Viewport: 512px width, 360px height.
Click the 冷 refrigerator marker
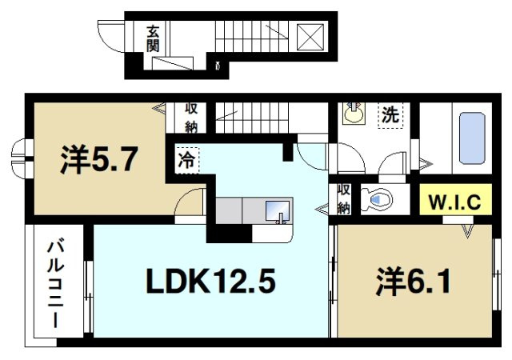tap(185, 159)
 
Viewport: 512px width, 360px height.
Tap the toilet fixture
tap(376, 196)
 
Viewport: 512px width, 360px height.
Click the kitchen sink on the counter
tap(277, 211)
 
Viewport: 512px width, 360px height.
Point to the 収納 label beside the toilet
tap(343, 199)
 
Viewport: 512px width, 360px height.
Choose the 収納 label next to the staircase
tap(193, 117)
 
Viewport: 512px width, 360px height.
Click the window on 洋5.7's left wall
tap(20, 159)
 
